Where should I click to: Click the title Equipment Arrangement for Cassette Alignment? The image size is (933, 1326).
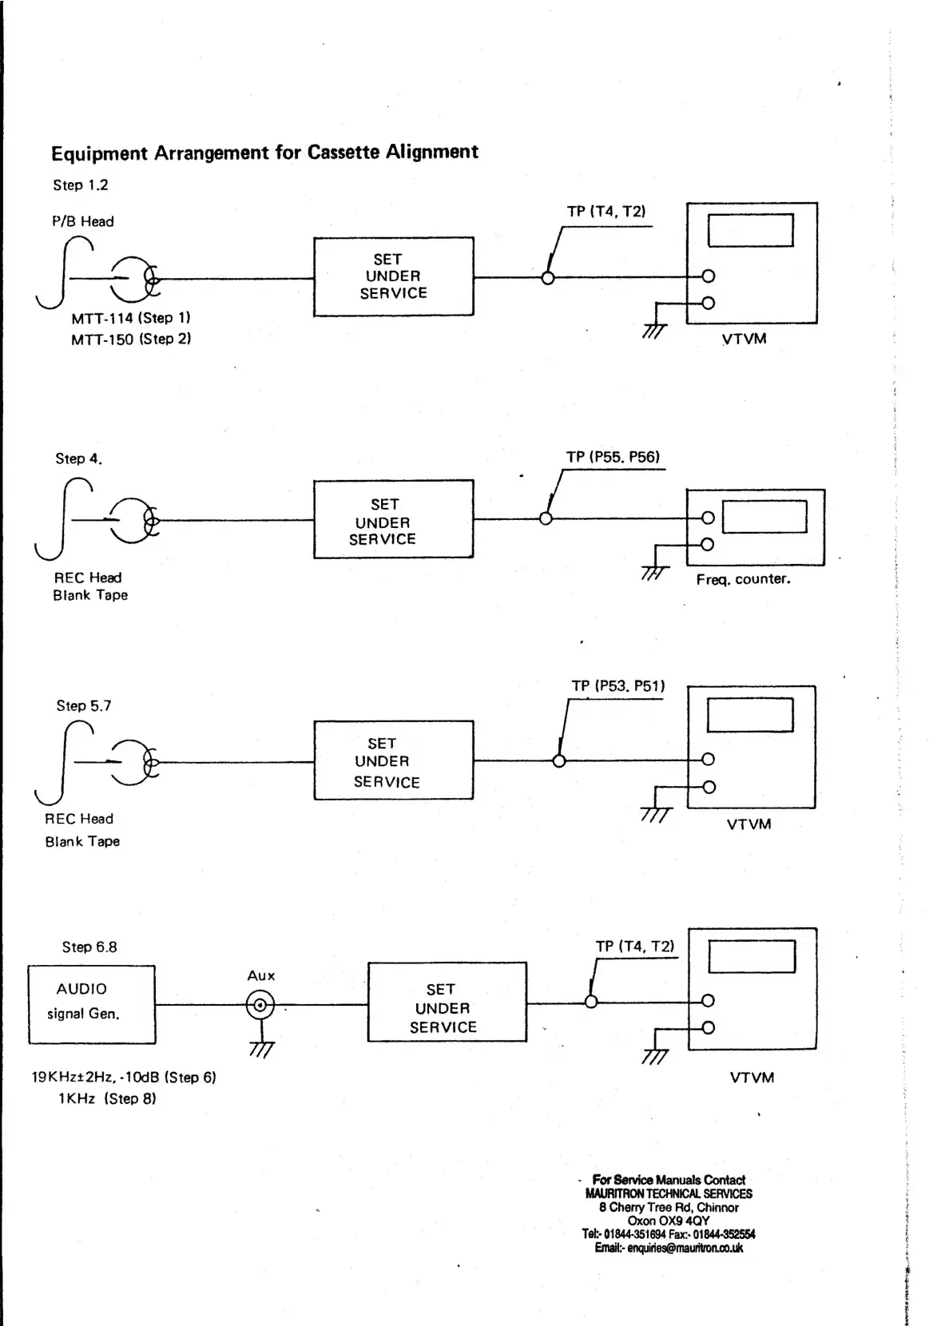pyautogui.click(x=264, y=153)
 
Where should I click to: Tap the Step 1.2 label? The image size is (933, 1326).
pyautogui.click(x=81, y=185)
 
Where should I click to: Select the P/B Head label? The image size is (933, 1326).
pyautogui.click(x=83, y=222)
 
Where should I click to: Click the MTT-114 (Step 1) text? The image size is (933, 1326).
pyautogui.click(x=131, y=318)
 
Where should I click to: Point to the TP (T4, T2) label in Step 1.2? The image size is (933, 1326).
pyautogui.click(x=606, y=212)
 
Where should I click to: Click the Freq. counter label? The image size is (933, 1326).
pyautogui.click(x=743, y=579)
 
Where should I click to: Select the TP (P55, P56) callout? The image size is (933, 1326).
pyautogui.click(x=613, y=458)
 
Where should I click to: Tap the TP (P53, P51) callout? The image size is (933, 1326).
pyautogui.click(x=618, y=686)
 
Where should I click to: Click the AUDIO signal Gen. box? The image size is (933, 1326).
pyautogui.click(x=92, y=1004)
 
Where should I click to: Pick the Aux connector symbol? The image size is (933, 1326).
pyautogui.click(x=260, y=1003)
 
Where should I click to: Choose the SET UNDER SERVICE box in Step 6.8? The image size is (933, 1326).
pyautogui.click(x=447, y=1002)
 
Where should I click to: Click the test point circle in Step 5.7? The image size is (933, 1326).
pyautogui.click(x=559, y=761)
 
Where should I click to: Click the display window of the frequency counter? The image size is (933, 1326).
pyautogui.click(x=764, y=516)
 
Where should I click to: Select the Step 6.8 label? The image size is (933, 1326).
pyautogui.click(x=89, y=947)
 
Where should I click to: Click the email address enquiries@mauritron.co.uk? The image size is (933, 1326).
pyautogui.click(x=669, y=1248)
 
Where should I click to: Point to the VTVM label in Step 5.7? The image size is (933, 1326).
pyautogui.click(x=748, y=824)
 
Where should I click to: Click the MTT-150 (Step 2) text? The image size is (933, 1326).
pyautogui.click(x=131, y=339)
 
